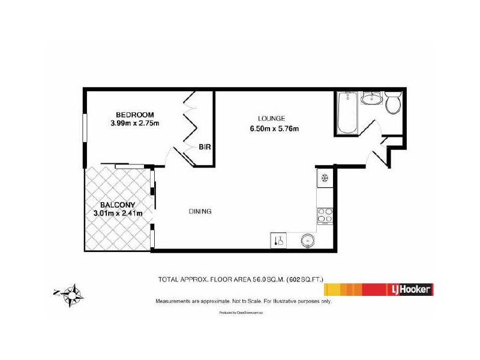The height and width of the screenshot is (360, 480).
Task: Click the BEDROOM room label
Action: (135, 115)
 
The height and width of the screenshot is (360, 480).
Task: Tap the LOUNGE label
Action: (271, 118)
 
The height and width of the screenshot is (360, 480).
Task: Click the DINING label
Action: (200, 211)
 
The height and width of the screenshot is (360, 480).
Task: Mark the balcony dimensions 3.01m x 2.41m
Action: (118, 213)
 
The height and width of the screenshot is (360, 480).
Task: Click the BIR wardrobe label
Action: (205, 147)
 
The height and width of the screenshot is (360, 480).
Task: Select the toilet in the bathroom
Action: (394, 104)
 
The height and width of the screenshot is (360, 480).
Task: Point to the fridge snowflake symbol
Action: (325, 178)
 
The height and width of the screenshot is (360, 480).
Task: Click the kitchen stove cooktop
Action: (325, 215)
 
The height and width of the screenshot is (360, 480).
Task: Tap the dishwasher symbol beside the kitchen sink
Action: (278, 240)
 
